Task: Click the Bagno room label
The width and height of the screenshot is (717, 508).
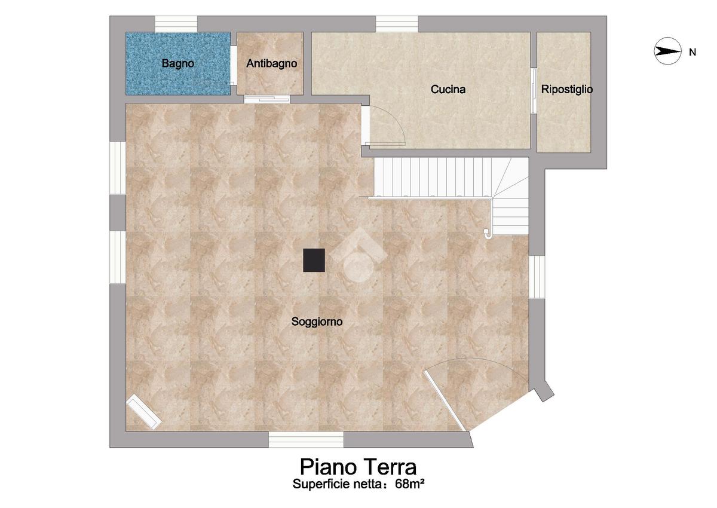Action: (177, 63)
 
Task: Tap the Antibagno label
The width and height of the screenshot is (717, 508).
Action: (271, 63)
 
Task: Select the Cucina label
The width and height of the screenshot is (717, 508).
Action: (448, 89)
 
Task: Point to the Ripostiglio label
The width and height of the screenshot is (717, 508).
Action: (566, 89)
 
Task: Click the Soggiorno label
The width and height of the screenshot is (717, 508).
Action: (317, 322)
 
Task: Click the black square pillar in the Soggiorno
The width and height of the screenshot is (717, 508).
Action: (314, 260)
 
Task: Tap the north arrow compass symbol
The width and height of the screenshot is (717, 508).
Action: (667, 51)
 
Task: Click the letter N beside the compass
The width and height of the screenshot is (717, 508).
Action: (693, 52)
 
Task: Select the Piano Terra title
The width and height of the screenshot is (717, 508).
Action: (358, 467)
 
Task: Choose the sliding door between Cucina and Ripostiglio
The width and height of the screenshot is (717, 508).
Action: (534, 91)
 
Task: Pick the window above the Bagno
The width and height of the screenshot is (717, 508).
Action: (176, 24)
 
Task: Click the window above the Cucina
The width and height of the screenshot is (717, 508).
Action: (397, 24)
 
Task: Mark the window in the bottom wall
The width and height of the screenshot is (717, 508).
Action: (306, 439)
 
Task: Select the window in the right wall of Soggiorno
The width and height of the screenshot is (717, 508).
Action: (537, 277)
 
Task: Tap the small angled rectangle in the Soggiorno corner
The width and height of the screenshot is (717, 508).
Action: (144, 412)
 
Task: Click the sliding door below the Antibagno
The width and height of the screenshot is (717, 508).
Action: (266, 99)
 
